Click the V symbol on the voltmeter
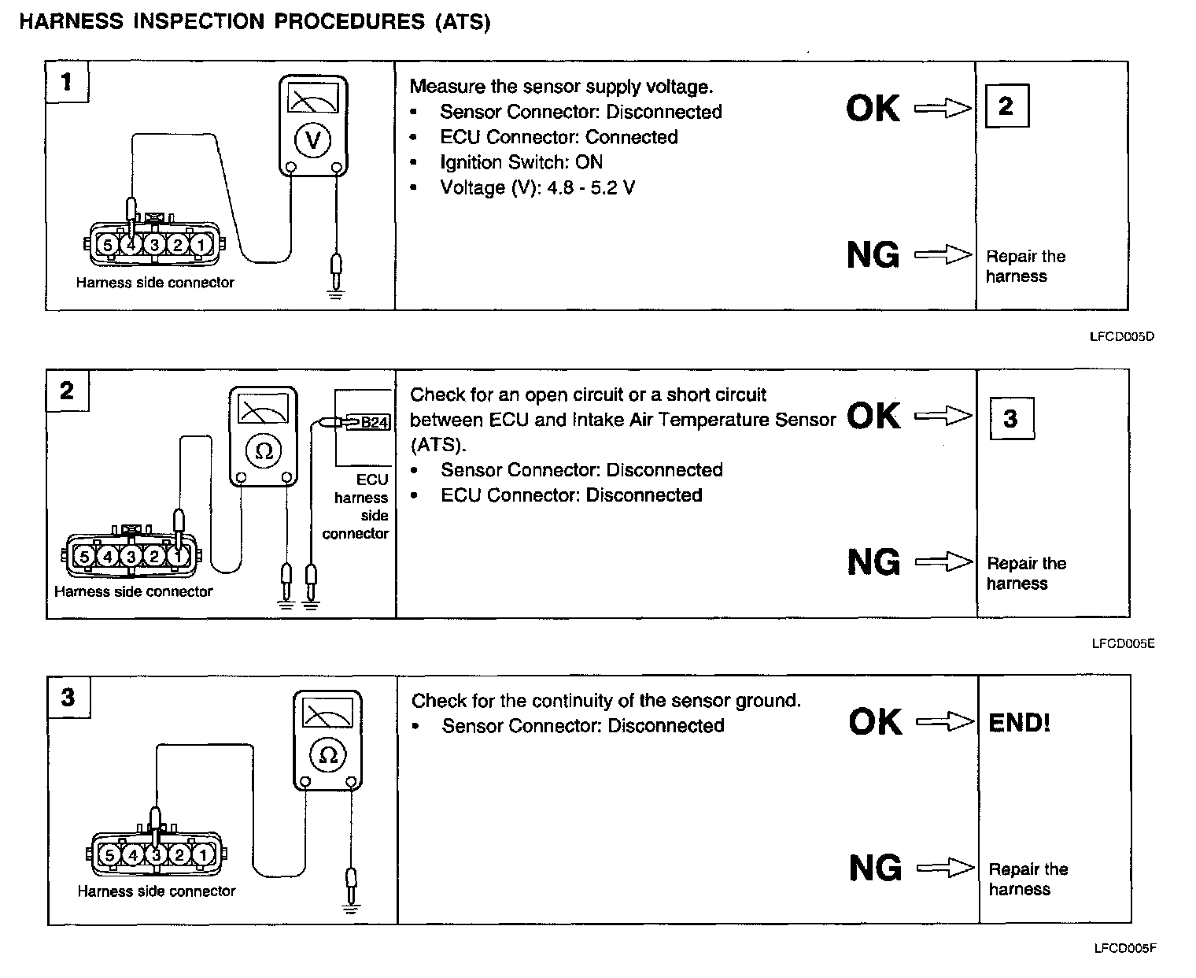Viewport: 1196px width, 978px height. click(313, 140)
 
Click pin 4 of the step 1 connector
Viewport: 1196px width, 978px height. click(131, 245)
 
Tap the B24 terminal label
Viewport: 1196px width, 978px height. click(374, 423)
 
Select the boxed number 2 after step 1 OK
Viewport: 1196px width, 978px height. click(1006, 106)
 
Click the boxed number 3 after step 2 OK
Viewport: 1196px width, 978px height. click(1010, 418)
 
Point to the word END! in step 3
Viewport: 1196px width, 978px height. click(1019, 723)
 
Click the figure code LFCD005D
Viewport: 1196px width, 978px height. click(1122, 337)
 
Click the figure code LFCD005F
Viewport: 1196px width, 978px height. click(1124, 948)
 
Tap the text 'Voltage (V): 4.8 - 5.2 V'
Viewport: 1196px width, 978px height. click(537, 187)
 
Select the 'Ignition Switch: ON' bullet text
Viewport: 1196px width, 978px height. click(521, 162)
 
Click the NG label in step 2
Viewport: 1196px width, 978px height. click(873, 562)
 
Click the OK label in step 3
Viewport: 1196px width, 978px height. click(875, 722)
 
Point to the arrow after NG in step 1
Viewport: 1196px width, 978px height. click(943, 255)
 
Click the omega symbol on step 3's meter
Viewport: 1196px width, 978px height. click(328, 755)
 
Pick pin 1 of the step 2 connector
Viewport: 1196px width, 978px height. click(178, 557)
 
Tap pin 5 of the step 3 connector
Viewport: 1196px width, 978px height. click(109, 855)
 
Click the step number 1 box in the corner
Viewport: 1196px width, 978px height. click(67, 82)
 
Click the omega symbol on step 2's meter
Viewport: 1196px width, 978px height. click(264, 451)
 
